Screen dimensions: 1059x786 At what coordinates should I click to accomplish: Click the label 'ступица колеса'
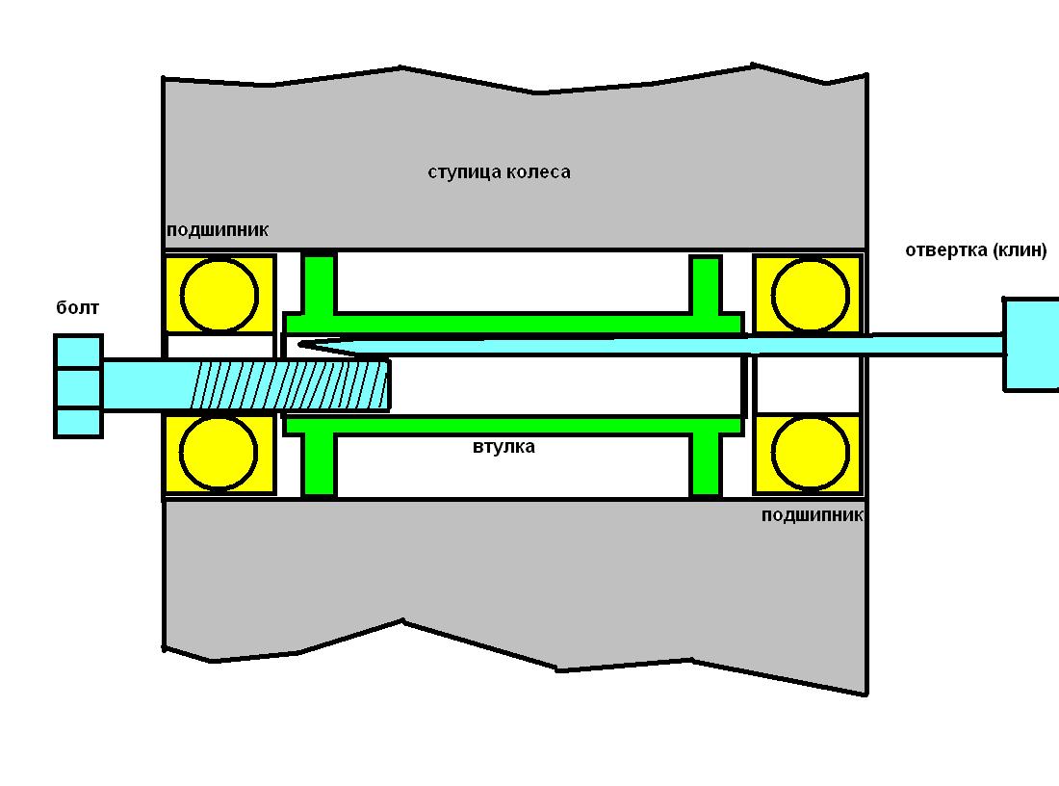[499, 172]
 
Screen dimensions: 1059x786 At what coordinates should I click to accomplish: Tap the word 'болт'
[78, 308]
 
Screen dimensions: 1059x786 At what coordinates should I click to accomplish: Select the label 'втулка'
[504, 447]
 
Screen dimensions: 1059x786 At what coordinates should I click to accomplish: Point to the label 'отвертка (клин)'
[976, 250]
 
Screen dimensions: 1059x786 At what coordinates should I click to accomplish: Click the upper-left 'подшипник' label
[218, 230]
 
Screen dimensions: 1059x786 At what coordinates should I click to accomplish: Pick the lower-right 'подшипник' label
[813, 515]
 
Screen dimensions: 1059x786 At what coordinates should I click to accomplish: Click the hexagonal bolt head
[78, 386]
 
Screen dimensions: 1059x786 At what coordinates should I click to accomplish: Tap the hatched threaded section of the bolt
[291, 385]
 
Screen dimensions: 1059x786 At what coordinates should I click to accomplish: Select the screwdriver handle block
[1031, 345]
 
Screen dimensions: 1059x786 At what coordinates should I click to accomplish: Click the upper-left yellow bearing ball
[220, 296]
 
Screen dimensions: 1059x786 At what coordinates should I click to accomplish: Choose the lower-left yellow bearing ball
[219, 452]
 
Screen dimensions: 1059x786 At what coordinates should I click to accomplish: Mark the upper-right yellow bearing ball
[810, 296]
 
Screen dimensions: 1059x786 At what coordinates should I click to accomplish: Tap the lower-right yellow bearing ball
[810, 452]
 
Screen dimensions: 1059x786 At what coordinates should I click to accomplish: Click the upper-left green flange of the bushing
[318, 284]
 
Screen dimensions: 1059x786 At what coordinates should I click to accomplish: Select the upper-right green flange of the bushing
[706, 285]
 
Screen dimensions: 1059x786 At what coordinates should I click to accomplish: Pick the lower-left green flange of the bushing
[318, 464]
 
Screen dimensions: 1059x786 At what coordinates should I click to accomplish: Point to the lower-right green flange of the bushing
[706, 464]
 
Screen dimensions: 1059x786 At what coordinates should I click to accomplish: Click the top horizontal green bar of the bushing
[513, 323]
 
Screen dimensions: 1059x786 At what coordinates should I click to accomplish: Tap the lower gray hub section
[513, 574]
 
